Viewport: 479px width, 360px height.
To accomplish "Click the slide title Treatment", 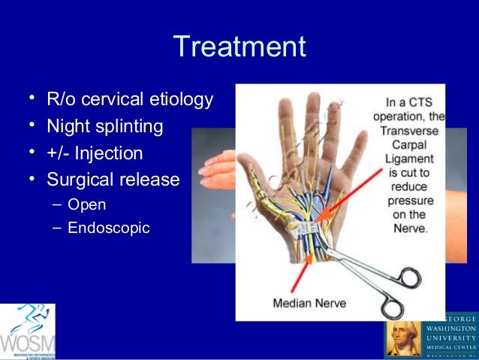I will click(x=239, y=47).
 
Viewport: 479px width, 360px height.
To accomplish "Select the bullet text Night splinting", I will click(x=104, y=126).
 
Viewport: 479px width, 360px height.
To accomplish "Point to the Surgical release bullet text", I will click(x=113, y=180).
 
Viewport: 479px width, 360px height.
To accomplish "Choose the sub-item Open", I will click(x=86, y=204).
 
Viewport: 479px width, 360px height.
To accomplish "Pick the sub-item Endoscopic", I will click(x=108, y=227).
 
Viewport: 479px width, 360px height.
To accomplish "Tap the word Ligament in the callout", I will click(x=408, y=159).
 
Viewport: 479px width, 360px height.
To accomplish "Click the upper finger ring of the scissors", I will click(x=410, y=277).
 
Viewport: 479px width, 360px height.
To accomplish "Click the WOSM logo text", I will click(x=27, y=342).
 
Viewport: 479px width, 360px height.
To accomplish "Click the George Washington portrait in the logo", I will click(x=403, y=337).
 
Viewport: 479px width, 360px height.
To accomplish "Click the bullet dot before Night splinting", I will click(x=32, y=126).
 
